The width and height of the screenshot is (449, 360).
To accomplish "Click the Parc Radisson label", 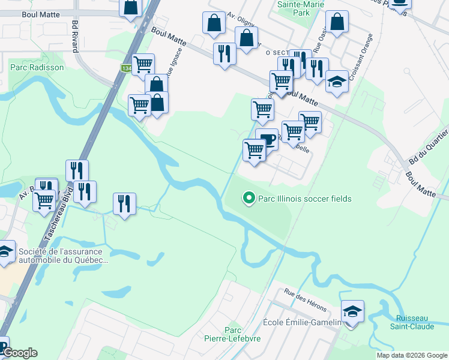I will pos(37,68).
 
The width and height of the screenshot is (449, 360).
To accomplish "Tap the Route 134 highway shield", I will pos(126,68).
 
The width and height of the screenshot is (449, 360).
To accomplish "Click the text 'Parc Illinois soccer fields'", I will pos(304,199).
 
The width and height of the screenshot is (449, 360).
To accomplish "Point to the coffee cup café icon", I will pos(267,139).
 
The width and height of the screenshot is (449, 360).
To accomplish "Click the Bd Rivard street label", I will pos(76,37).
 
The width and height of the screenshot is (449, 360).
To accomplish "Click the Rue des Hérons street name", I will pos(306,301).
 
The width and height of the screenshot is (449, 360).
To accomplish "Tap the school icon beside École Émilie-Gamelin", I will pos(352,311).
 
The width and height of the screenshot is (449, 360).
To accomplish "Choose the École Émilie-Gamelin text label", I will pos(302,323).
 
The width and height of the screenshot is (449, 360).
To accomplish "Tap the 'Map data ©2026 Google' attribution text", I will pos(412,355).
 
